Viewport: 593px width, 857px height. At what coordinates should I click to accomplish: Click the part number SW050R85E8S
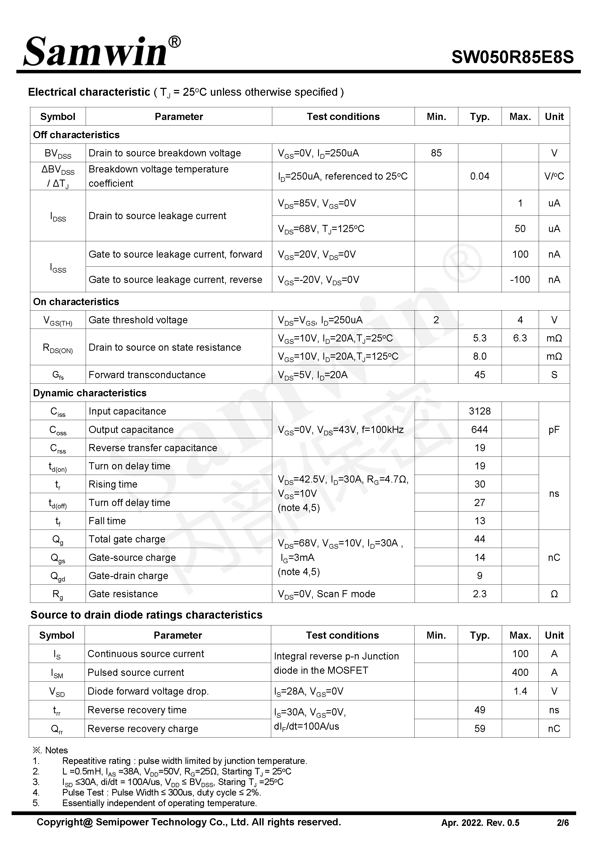pyautogui.click(x=512, y=57)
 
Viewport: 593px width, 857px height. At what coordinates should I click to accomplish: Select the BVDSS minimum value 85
pyautogui.click(x=436, y=153)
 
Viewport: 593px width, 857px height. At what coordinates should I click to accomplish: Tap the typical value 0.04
pyautogui.click(x=479, y=176)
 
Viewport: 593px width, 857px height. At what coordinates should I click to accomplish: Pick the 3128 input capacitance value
pyautogui.click(x=479, y=411)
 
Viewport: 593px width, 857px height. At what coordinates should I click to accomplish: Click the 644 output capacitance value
pyautogui.click(x=479, y=430)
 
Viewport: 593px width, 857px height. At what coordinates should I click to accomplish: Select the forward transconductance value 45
pyautogui.click(x=479, y=375)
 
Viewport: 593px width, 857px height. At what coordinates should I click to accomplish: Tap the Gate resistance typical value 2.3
pyautogui.click(x=479, y=594)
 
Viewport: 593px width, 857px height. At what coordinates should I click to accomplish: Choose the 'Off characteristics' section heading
pyautogui.click(x=76, y=135)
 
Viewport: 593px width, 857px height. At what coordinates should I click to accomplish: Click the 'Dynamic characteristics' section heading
pyautogui.click(x=90, y=393)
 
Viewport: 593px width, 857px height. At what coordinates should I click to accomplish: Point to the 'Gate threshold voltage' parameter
pyautogui.click(x=138, y=320)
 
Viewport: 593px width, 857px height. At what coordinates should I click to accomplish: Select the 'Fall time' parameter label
pyautogui.click(x=107, y=521)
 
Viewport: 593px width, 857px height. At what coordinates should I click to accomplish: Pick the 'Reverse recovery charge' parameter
pyautogui.click(x=143, y=729)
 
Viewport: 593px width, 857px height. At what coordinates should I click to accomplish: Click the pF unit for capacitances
pyautogui.click(x=554, y=430)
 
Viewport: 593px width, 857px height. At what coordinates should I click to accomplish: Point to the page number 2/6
pyautogui.click(x=562, y=823)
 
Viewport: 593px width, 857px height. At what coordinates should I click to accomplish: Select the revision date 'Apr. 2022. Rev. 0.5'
pyautogui.click(x=480, y=823)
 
